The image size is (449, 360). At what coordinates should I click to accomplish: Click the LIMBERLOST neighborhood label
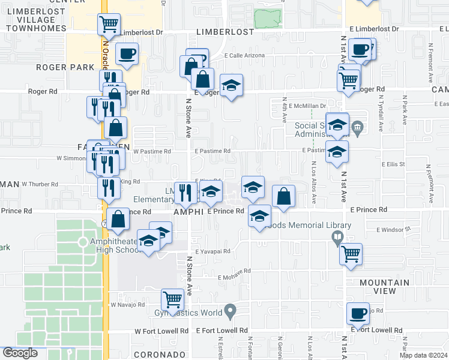click(226, 32)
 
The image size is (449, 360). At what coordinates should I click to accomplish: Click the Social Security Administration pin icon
click(358, 127)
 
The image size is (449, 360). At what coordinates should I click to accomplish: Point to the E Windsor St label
click(393, 229)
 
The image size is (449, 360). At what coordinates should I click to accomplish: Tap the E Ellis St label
click(393, 164)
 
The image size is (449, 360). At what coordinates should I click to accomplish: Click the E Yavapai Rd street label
click(213, 251)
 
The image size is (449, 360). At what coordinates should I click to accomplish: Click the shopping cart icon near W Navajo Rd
click(172, 298)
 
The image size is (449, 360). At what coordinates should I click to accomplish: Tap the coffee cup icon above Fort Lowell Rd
click(359, 312)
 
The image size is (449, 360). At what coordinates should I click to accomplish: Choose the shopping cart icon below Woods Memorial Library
click(351, 253)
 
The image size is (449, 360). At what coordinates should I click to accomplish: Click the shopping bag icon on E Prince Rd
click(283, 196)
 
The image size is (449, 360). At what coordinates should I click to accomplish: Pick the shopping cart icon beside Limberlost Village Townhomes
click(109, 24)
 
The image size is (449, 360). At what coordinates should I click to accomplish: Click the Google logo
click(20, 353)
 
